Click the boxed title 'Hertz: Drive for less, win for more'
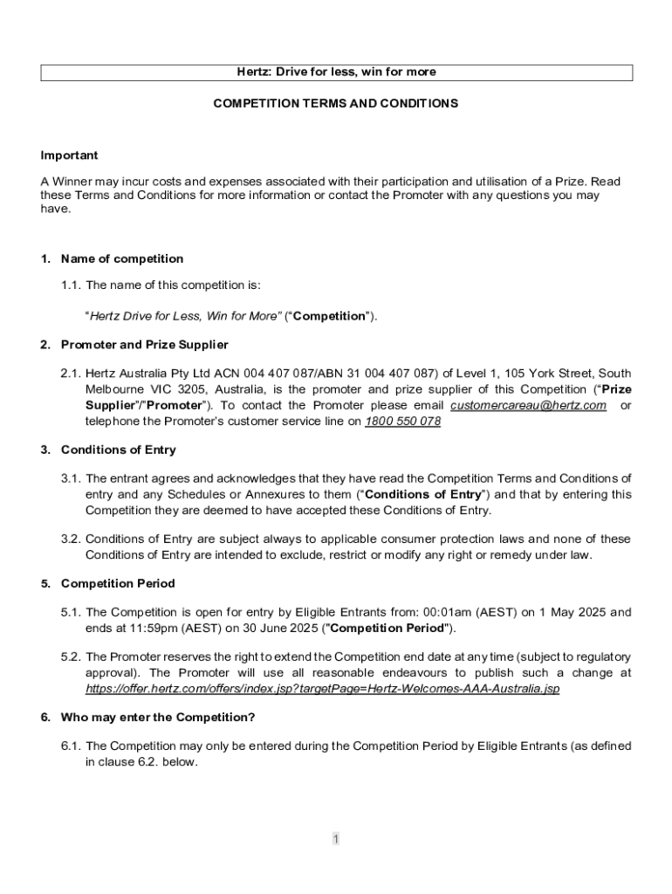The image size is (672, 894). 336,72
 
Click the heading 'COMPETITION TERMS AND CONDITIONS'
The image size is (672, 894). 336,103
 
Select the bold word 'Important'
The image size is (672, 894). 69,155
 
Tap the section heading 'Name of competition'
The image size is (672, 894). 122,258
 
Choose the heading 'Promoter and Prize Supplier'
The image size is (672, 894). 144,344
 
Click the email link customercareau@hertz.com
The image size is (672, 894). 528,406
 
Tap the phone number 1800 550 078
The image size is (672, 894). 402,421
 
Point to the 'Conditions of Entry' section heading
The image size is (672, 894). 118,450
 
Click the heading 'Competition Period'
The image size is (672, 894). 118,583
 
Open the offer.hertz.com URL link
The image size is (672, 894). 322,689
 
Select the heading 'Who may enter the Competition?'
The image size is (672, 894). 158,717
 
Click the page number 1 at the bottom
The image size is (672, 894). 335,839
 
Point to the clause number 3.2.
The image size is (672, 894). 71,539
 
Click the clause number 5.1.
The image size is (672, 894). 71,612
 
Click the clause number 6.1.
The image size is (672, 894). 71,746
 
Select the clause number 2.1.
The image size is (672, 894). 71,374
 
